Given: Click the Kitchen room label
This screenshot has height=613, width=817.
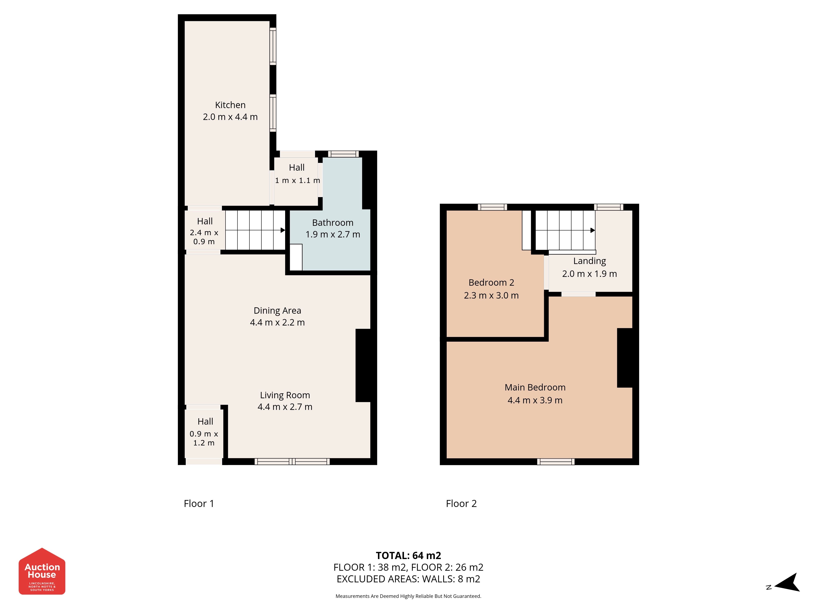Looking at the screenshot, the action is click(x=230, y=105).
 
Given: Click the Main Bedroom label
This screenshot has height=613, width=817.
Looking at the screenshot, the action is click(x=535, y=387).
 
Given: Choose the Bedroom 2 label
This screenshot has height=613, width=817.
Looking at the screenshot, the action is click(x=491, y=283).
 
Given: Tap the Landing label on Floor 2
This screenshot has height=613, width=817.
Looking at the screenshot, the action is click(x=589, y=261).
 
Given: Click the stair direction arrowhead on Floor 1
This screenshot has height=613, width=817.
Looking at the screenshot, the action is click(x=283, y=230).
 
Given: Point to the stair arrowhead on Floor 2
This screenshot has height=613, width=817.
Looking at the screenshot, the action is click(x=593, y=230).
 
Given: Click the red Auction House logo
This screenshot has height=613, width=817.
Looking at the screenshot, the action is click(x=42, y=571).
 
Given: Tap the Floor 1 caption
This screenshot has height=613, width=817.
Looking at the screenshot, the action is click(x=199, y=504).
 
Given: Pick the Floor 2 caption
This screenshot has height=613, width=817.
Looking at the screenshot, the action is click(x=461, y=504).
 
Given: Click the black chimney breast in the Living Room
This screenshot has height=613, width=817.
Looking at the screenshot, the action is click(x=363, y=365).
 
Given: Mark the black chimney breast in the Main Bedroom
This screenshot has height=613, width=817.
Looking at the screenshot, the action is click(x=625, y=358).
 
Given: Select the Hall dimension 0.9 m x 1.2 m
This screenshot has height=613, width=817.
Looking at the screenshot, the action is click(x=204, y=438).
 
